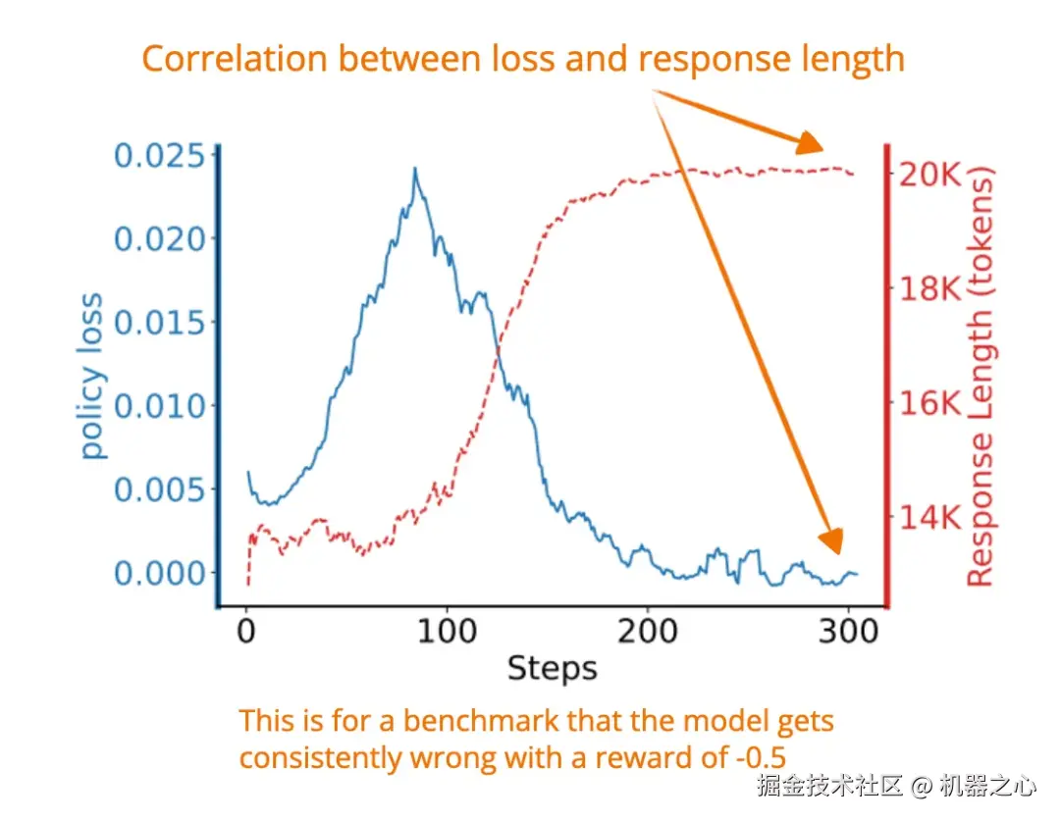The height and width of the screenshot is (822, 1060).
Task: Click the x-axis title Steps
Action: pyautogui.click(x=552, y=669)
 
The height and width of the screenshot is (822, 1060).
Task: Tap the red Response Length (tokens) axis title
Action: pyautogui.click(x=980, y=377)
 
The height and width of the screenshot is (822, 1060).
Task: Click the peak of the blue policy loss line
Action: pyautogui.click(x=415, y=169)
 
